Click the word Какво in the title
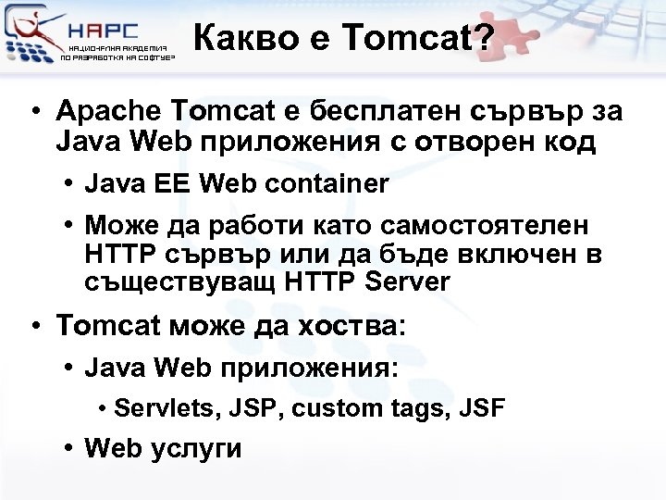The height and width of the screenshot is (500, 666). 238,40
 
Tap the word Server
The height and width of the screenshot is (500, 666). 408,281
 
